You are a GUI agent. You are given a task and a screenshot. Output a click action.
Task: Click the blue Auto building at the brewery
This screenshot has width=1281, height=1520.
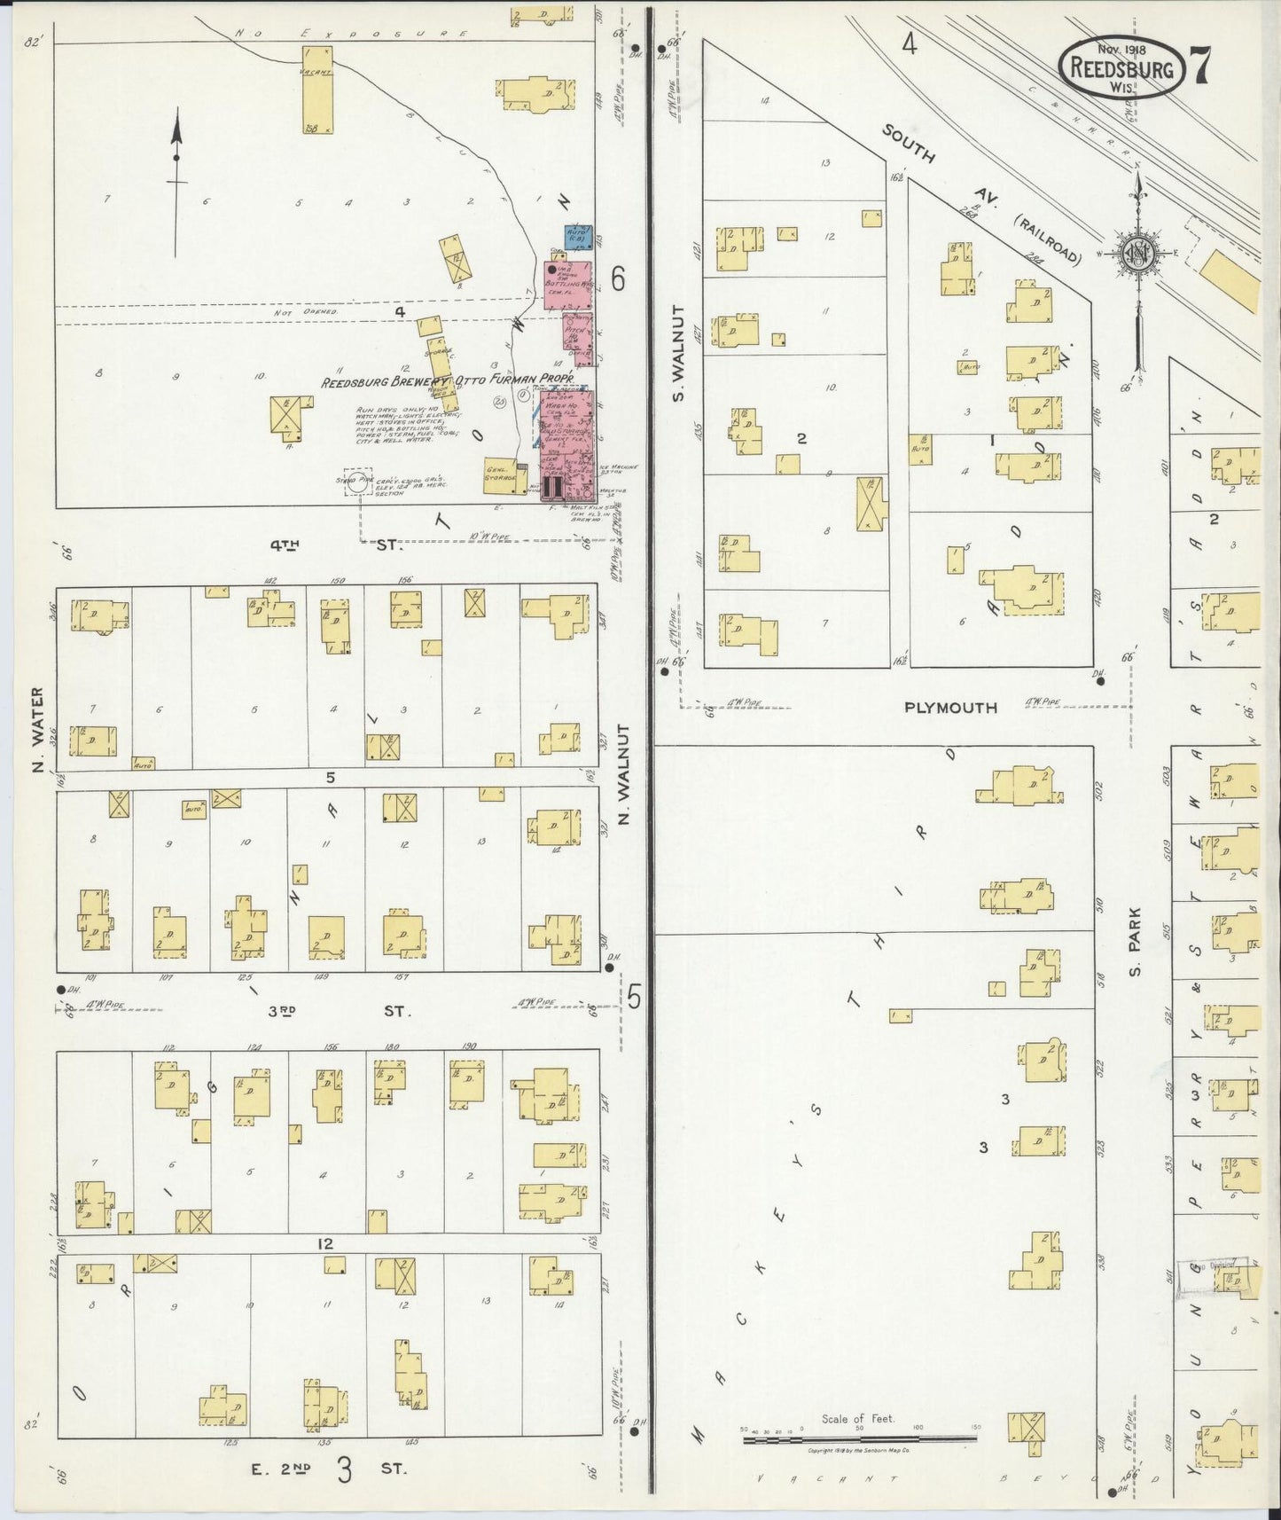pos(579,236)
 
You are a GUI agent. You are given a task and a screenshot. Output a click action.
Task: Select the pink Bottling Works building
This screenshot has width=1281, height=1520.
pos(566,285)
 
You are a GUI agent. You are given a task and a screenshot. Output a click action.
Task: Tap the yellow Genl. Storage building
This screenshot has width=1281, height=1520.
pos(500,474)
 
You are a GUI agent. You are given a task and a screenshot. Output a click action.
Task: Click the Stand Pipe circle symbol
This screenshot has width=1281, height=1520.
pos(357,483)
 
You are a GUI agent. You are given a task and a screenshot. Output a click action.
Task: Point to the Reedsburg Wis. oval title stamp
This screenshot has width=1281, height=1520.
pos(1121,68)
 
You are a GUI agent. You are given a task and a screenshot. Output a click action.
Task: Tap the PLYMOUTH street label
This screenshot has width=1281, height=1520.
pos(950,708)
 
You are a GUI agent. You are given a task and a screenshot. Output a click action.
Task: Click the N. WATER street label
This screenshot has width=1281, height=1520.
pos(38,729)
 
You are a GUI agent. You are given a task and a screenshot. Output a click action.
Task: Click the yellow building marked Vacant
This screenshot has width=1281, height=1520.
pos(316,90)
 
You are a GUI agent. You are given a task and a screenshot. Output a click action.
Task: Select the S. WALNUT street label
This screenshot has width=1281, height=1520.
pos(678,353)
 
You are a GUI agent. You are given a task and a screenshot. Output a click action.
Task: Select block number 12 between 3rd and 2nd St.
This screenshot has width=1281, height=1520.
pos(325,1244)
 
